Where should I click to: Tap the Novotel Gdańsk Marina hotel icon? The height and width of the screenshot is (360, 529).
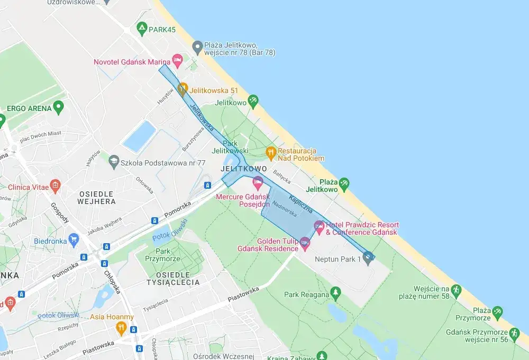(177, 61)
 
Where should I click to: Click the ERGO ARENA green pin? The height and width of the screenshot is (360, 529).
(59, 107)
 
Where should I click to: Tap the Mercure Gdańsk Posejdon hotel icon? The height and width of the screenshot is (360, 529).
(258, 183)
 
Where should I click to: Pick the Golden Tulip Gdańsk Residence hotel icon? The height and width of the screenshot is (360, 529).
(304, 243)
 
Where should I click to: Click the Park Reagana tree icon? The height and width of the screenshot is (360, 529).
(335, 292)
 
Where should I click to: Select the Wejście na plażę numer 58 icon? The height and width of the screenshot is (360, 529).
(456, 290)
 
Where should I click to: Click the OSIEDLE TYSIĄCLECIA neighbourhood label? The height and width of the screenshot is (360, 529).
(175, 279)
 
